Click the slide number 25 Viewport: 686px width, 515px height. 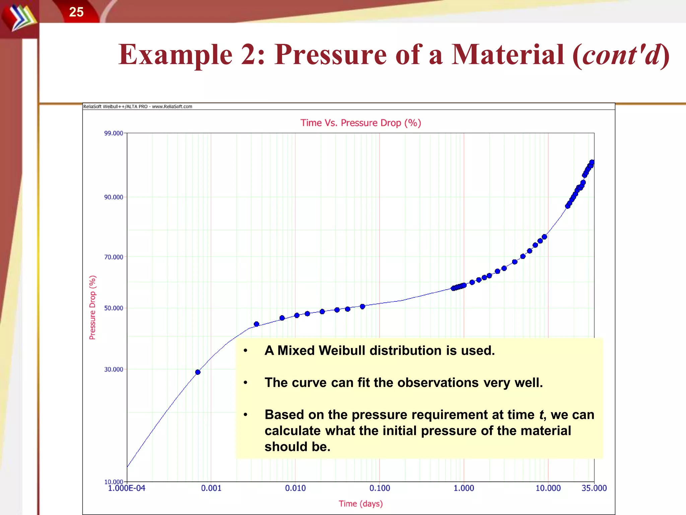pos(76,12)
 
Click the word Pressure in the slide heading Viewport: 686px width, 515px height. pos(331,55)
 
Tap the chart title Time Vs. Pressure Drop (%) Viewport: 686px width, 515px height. pos(360,123)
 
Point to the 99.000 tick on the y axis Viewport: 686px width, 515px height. pos(114,133)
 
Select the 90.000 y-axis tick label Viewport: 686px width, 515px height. pos(114,197)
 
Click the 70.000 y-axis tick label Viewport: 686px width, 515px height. pos(114,257)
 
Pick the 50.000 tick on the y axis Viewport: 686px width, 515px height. pos(114,308)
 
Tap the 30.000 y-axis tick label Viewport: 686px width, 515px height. pos(114,369)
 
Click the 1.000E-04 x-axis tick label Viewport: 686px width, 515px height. pos(127,488)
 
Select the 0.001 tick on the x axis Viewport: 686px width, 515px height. pos(211,488)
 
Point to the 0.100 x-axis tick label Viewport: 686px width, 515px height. pos(380,488)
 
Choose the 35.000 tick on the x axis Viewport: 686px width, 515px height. pos(594,488)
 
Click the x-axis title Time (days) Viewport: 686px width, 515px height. pos(360,504)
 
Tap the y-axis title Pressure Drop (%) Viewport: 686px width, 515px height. pos(92,307)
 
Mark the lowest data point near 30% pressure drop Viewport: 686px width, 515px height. pos(198,372)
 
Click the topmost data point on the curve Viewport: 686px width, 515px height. pos(592,162)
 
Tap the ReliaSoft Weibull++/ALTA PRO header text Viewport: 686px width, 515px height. pos(137,107)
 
